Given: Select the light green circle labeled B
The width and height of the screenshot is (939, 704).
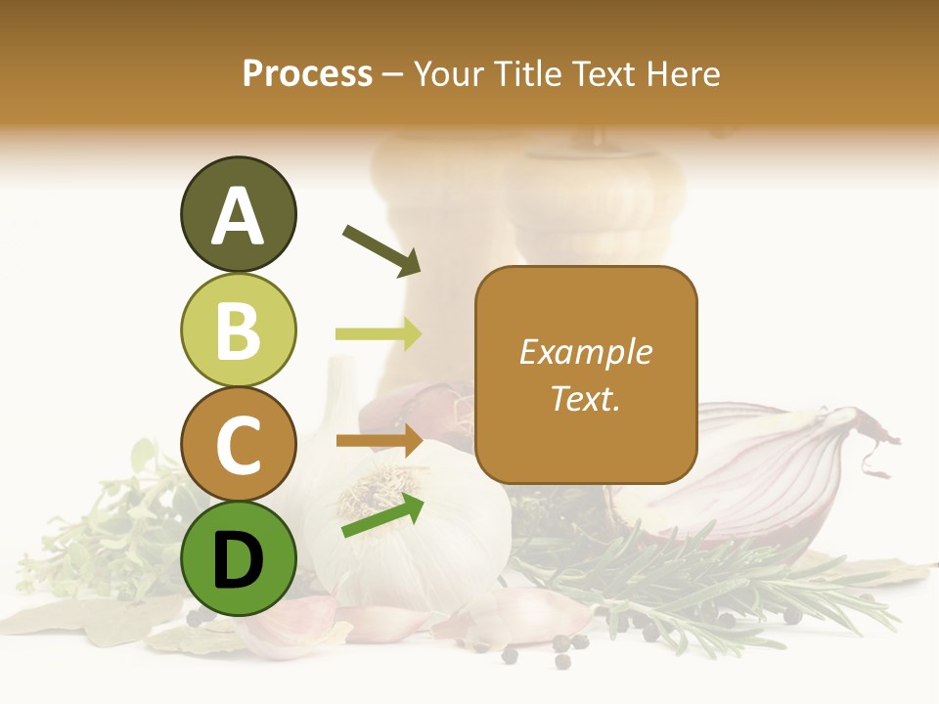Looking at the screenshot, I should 238,330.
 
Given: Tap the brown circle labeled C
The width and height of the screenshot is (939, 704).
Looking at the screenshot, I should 238,445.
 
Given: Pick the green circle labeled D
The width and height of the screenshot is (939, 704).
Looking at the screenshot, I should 238,558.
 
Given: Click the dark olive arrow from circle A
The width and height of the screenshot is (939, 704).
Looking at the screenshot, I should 380,249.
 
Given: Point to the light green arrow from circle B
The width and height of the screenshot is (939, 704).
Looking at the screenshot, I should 379,334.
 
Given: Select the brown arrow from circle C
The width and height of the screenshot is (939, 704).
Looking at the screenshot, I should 380,441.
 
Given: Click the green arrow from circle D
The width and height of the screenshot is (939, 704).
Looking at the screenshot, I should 382,515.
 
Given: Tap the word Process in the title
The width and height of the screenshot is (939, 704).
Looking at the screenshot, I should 307,73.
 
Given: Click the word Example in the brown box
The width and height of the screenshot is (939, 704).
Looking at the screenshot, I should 585,352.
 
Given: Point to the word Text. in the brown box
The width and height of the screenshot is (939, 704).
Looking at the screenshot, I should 585,398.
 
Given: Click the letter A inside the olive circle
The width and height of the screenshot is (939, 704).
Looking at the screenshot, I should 238,216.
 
